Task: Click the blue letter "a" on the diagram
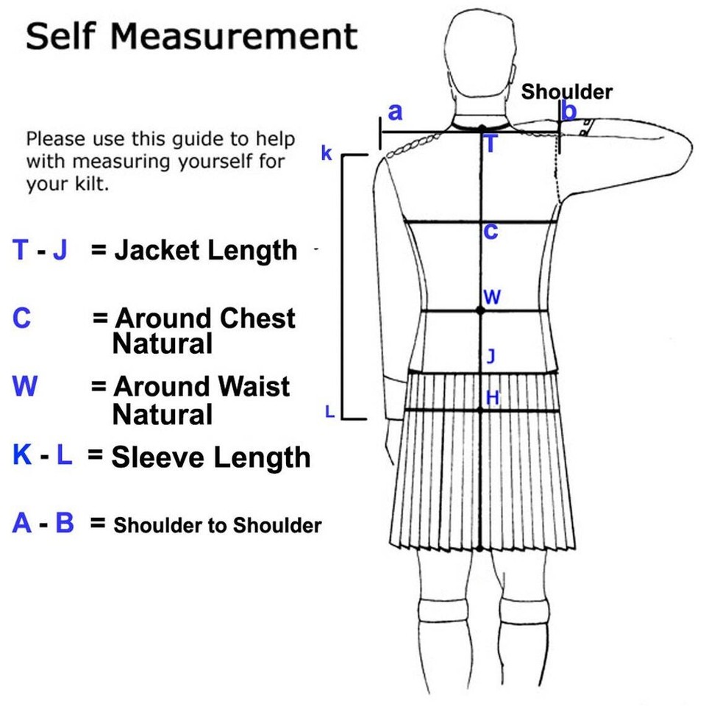pos(396,112)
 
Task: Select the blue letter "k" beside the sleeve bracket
pos(327,154)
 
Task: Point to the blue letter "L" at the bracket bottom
pos(329,413)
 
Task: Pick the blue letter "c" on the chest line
pos(491,231)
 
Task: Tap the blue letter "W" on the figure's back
pos(492,297)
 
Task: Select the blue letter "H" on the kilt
pos(493,398)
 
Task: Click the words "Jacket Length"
pos(205,251)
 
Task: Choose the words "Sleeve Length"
pos(210,457)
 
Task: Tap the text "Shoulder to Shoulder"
pos(217,526)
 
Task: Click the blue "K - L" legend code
pos(43,456)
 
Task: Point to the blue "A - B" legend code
pos(43,524)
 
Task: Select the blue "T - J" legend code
pos(40,251)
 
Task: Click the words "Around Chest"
pos(206,318)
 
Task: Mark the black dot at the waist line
pos(480,311)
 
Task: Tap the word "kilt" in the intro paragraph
pos(94,184)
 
